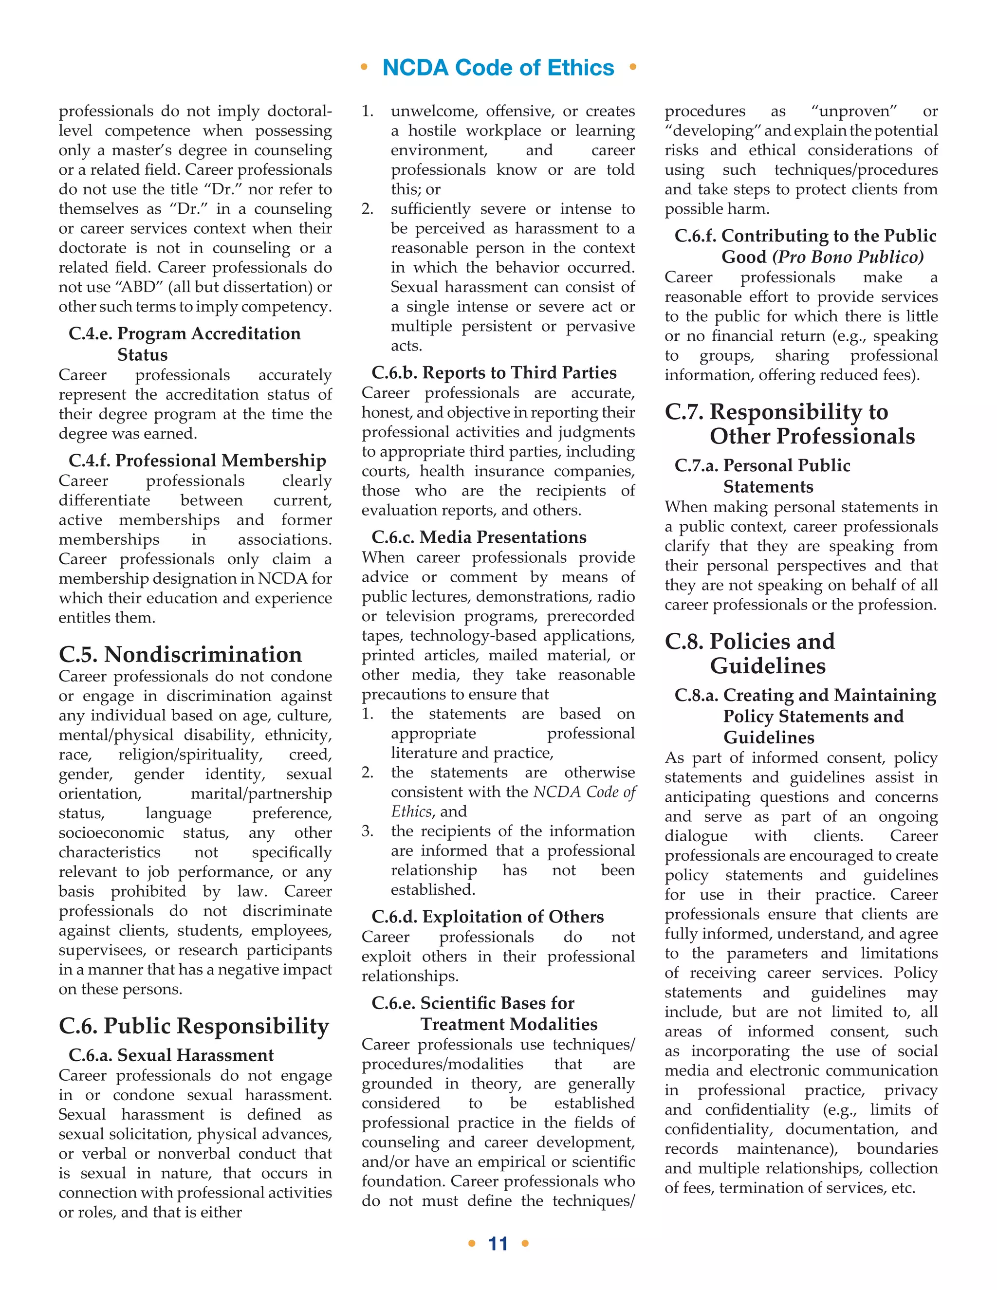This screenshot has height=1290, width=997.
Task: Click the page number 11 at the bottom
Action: click(x=498, y=1243)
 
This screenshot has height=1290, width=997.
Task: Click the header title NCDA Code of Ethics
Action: click(x=498, y=68)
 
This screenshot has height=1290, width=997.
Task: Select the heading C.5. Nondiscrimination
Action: click(x=180, y=654)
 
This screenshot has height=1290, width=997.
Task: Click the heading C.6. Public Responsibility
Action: click(x=194, y=1026)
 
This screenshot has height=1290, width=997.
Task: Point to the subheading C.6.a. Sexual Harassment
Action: click(x=171, y=1055)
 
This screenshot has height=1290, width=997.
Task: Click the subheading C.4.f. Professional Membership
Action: click(x=197, y=460)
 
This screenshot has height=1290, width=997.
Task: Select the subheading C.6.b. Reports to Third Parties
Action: click(x=494, y=373)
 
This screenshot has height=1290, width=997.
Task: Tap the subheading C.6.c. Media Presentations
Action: click(x=479, y=537)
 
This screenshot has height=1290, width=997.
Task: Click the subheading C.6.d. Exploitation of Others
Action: click(x=488, y=917)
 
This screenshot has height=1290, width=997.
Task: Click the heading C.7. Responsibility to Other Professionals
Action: click(x=790, y=424)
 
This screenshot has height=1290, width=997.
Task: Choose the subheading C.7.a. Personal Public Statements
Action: click(x=762, y=476)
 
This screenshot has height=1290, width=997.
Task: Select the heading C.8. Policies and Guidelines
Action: click(x=750, y=653)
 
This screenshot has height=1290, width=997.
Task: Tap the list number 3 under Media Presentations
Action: click(x=368, y=831)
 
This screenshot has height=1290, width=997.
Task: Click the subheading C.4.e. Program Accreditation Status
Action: click(x=185, y=344)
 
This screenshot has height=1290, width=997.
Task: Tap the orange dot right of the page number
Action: click(x=525, y=1243)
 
